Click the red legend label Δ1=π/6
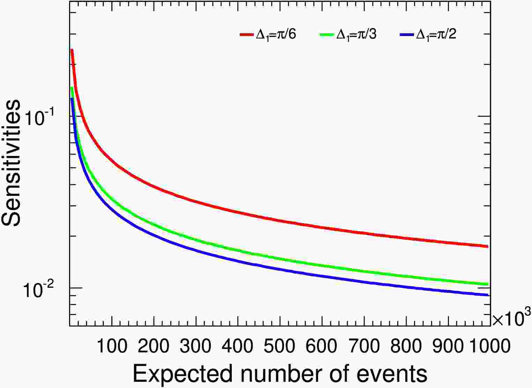(x=276, y=35)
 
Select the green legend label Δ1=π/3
(x=356, y=35)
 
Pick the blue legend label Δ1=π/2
(x=436, y=35)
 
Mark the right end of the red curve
(x=487, y=246)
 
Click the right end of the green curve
(x=487, y=284)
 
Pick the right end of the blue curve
(x=487, y=295)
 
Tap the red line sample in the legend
(x=247, y=35)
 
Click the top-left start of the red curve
(x=72, y=50)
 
